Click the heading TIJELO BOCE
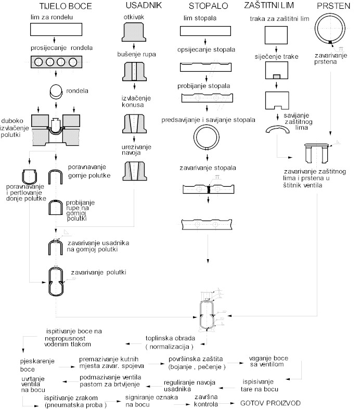point(66,6)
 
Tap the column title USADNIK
point(144,5)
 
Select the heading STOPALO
point(209,6)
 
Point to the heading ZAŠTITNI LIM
point(269,5)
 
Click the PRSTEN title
point(333,6)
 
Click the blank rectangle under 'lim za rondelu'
point(56,29)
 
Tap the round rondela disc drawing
point(56,92)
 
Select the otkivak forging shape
point(134,32)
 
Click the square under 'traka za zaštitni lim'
point(276,35)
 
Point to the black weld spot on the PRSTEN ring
point(330,42)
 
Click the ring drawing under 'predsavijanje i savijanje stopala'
point(207,126)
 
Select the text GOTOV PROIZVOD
point(271,403)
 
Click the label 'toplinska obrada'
point(170,338)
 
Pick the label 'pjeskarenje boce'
point(37,365)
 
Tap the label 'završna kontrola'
point(206,400)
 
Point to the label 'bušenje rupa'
point(136,54)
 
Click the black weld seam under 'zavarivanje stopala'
point(209,189)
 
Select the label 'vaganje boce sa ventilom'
point(268,361)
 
